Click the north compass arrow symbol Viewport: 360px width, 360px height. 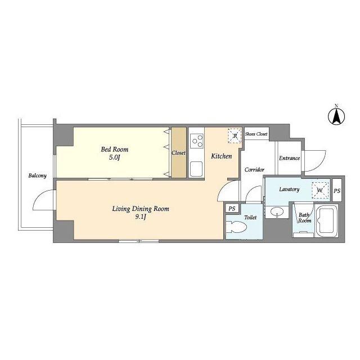[336, 116]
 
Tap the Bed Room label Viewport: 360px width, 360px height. [115, 150]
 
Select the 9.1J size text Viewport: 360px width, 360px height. [141, 217]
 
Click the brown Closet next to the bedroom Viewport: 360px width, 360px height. [179, 152]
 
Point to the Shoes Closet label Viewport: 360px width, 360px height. [256, 134]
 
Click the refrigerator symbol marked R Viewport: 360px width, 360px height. [235, 136]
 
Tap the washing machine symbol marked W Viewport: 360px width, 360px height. [320, 190]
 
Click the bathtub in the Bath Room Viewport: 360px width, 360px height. [326, 220]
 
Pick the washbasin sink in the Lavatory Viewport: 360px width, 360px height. [277, 211]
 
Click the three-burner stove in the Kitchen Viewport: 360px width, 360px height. [197, 141]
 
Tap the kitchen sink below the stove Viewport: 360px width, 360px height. [196, 169]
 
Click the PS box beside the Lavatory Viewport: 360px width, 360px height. [337, 191]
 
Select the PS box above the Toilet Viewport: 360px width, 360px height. [232, 209]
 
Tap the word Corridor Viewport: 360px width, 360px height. [254, 170]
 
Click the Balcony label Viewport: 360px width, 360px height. [38, 175]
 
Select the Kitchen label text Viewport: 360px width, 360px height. [221, 156]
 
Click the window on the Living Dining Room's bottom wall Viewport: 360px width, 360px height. [139, 241]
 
